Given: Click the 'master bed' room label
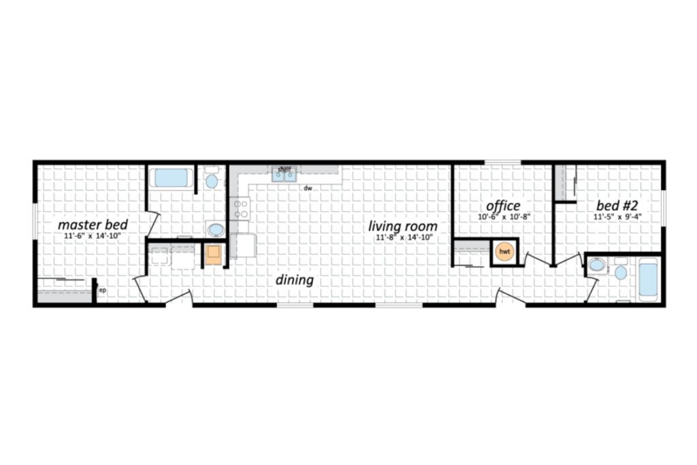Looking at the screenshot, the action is [93, 224].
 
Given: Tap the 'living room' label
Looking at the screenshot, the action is [403, 226].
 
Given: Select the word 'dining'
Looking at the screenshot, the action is [294, 280].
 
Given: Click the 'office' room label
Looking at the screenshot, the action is [503, 206].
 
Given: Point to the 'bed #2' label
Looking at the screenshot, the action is [617, 206].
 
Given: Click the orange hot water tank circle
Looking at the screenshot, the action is [504, 252].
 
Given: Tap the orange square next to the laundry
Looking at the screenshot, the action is [213, 254].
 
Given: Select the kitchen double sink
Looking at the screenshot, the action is [285, 175].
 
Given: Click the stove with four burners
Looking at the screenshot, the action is [240, 208].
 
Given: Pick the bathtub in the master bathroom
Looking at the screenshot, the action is [171, 178].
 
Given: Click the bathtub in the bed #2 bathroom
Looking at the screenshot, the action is [648, 280].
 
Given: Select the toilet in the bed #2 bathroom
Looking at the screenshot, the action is [621, 270].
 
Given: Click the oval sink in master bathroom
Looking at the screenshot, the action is [216, 229].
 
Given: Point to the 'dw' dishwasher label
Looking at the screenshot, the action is [308, 188].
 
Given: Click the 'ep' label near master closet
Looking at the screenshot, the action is [102, 290].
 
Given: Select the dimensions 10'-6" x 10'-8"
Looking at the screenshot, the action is [503, 217].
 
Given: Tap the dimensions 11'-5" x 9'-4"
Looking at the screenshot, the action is [617, 217].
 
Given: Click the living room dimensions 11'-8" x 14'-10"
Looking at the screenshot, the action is [404, 238].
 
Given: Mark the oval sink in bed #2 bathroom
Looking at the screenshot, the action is [597, 266].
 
